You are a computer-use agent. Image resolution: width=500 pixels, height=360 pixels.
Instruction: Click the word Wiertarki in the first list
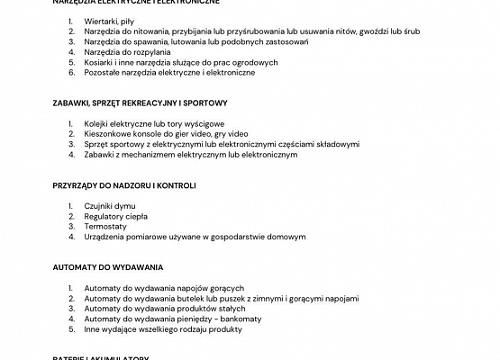[x=101, y=20]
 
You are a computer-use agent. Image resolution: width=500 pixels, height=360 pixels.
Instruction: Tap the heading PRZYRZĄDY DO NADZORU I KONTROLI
[x=124, y=185]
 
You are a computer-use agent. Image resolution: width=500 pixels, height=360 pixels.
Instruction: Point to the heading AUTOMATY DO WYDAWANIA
[x=107, y=268]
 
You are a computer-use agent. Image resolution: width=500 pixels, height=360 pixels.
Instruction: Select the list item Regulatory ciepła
[x=116, y=217]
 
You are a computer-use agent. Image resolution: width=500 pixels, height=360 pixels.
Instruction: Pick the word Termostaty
[x=105, y=227]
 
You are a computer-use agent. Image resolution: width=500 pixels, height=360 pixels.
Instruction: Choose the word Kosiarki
[x=99, y=62]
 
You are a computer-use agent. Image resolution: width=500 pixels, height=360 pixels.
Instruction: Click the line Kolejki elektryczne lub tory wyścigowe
[x=154, y=123]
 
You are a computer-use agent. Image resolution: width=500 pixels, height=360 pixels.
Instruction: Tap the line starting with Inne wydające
[x=162, y=330]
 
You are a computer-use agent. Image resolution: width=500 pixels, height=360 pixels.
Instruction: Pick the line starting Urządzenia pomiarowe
[x=195, y=238]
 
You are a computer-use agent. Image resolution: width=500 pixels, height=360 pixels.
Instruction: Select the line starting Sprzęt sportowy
[x=222, y=144]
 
